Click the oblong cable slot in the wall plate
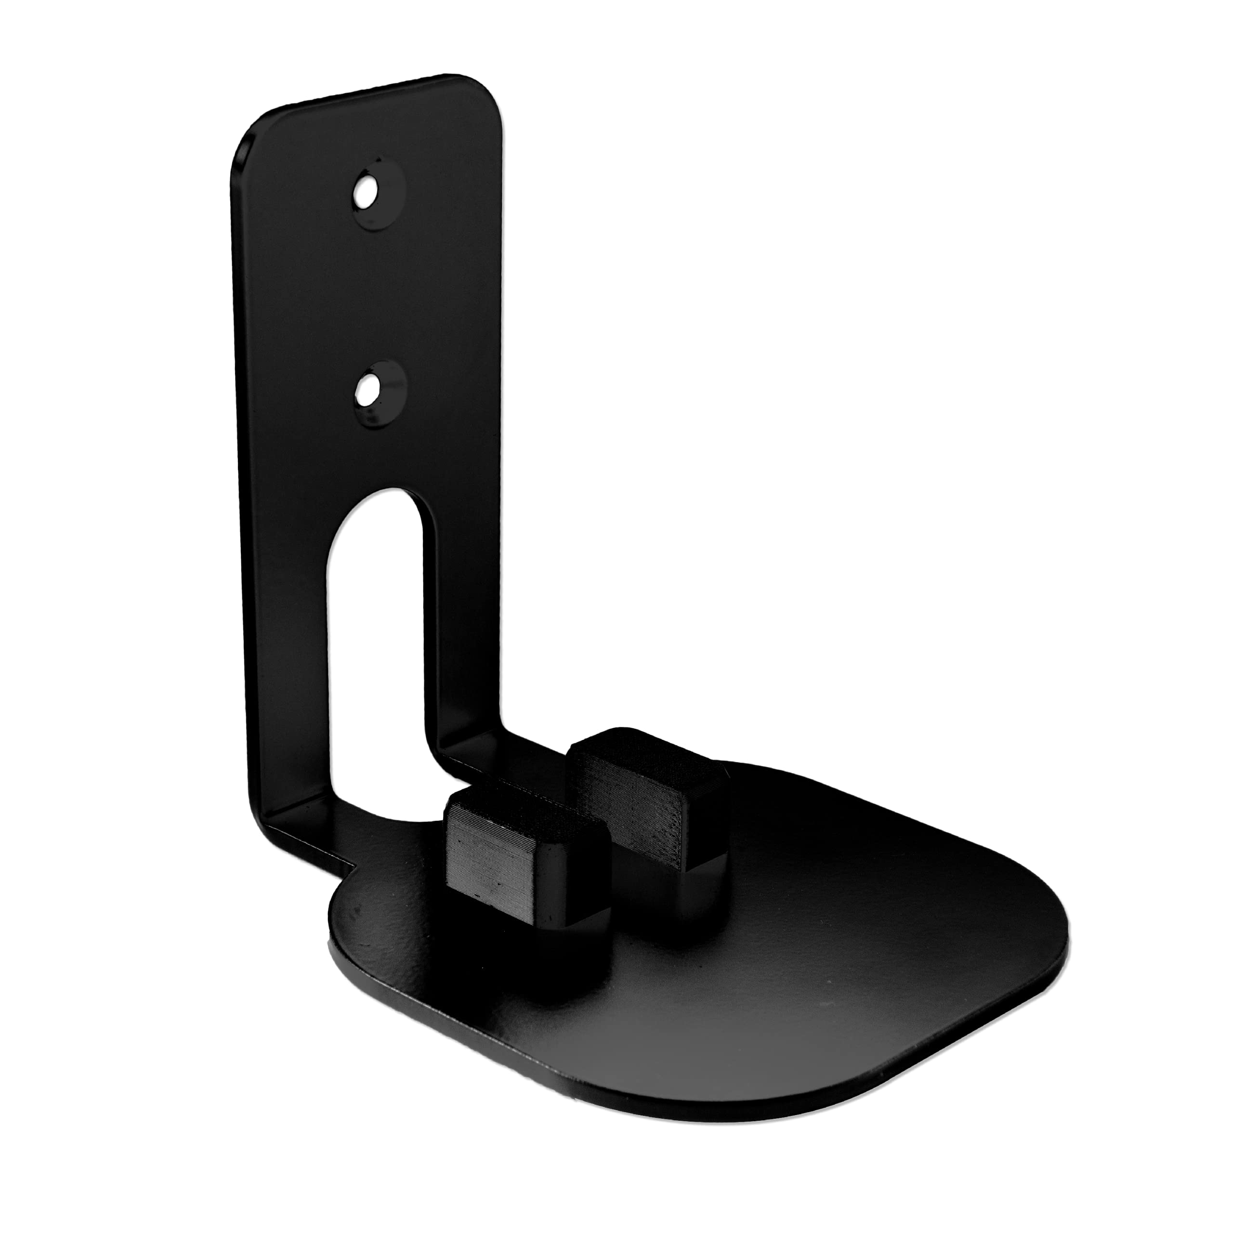(x=377, y=638)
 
